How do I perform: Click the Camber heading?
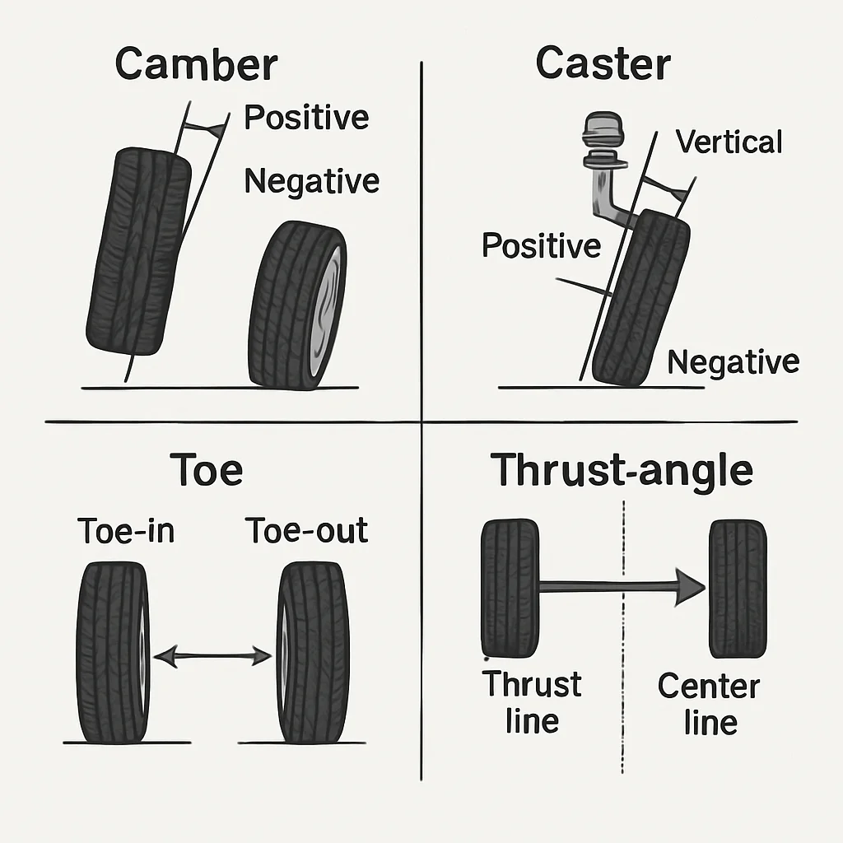[196, 65]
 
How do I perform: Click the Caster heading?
[603, 63]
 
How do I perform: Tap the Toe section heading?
[206, 470]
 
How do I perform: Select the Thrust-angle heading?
[622, 470]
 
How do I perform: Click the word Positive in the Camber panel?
[306, 118]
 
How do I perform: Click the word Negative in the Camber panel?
[311, 180]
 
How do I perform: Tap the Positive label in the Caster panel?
[541, 245]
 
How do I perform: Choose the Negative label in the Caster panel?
[733, 361]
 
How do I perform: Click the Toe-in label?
[126, 531]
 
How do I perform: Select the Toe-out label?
[306, 531]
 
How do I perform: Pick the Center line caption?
[709, 704]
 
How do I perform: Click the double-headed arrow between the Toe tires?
[212, 656]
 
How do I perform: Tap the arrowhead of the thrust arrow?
[690, 586]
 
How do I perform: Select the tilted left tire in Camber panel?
[137, 251]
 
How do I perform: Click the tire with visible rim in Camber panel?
[298, 305]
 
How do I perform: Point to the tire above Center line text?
[737, 588]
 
